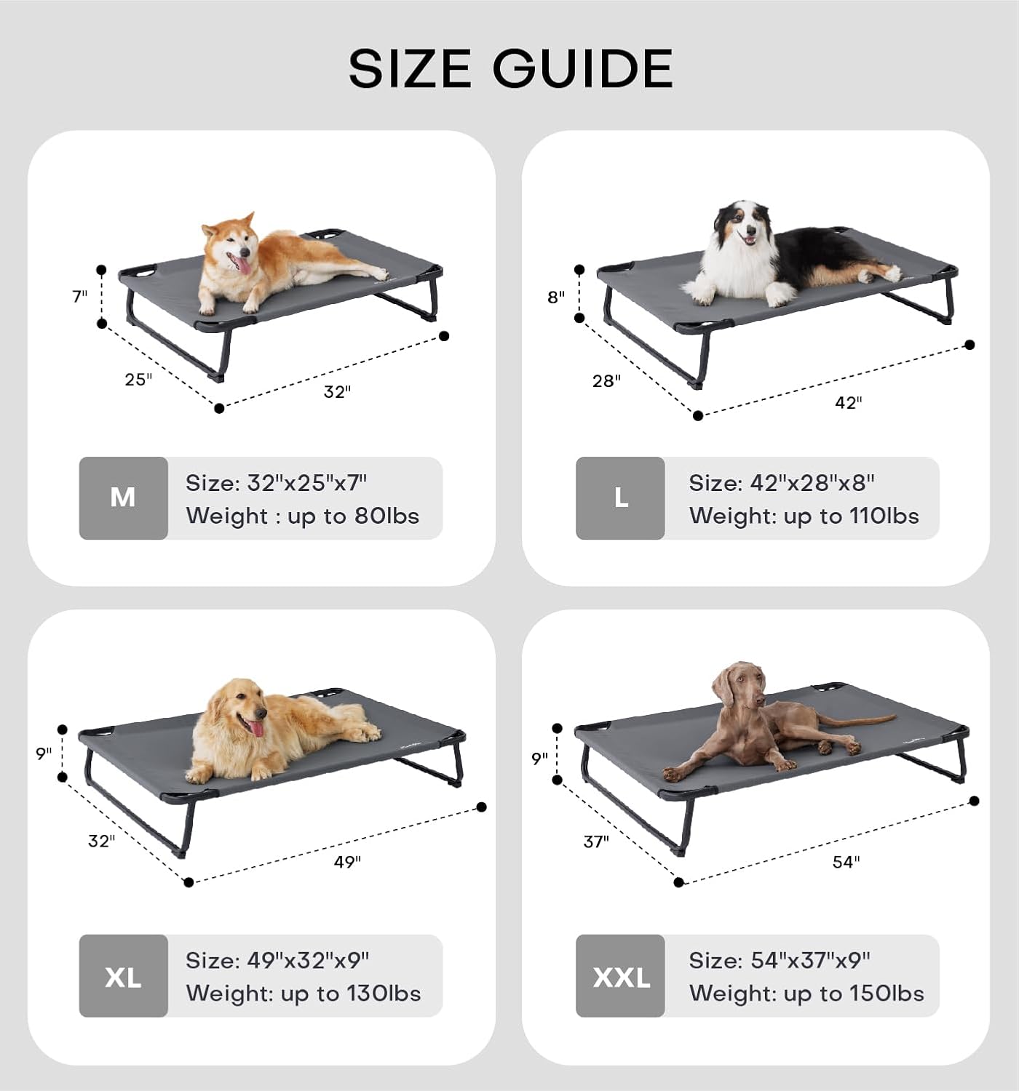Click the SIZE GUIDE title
tap(510, 69)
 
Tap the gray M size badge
tap(123, 498)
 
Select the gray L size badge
tap(620, 498)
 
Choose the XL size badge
tap(123, 976)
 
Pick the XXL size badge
tap(620, 976)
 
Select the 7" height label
tap(79, 297)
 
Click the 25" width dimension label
tap(138, 380)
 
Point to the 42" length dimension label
tap(848, 403)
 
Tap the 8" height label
tap(556, 297)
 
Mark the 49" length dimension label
tap(347, 863)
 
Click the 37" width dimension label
tap(596, 842)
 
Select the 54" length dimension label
tap(846, 863)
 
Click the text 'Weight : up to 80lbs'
tap(303, 516)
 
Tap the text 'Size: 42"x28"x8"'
tap(782, 483)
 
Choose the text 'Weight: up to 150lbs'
tap(806, 994)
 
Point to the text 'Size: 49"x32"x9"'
tap(277, 961)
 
